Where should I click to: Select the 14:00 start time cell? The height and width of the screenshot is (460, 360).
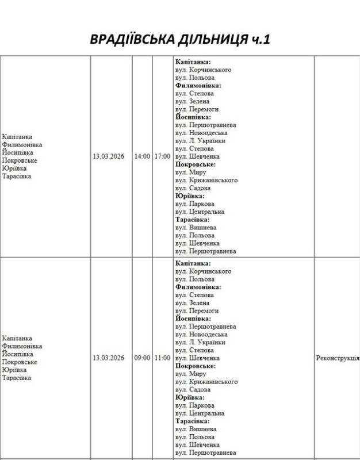coord(142,156)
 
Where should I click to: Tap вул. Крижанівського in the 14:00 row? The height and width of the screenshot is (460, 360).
coord(206,181)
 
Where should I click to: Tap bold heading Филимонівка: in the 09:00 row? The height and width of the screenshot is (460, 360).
coord(198,287)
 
